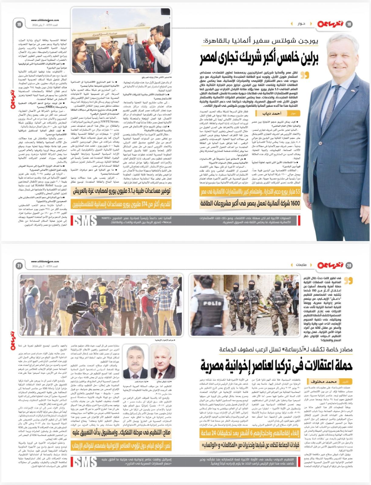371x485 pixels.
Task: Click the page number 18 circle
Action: pyautogui.click(x=349, y=24)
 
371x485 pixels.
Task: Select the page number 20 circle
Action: pyautogui.click(x=349, y=266)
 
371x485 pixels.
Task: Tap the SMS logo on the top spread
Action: pyautogui.click(x=86, y=220)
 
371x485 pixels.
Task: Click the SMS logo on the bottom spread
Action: pyautogui.click(x=86, y=462)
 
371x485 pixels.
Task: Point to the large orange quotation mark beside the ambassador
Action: pyautogui.click(x=305, y=75)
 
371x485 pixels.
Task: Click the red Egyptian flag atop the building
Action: pyautogui.click(x=97, y=14)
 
